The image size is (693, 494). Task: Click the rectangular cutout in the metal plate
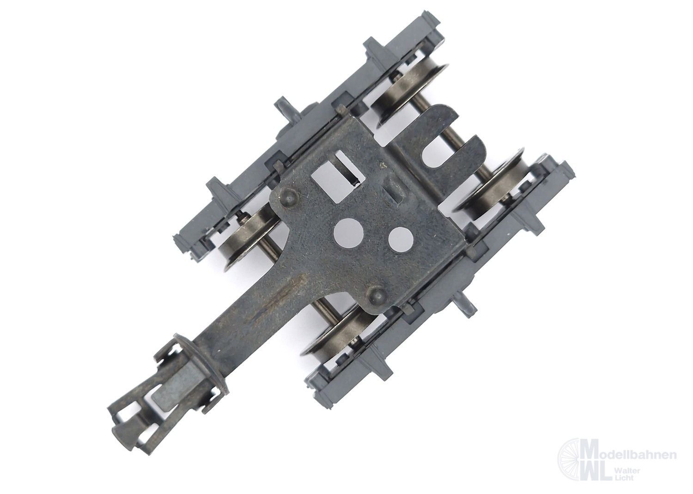pyautogui.click(x=336, y=175)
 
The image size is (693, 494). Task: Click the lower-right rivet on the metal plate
pyautogui.click(x=377, y=292)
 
